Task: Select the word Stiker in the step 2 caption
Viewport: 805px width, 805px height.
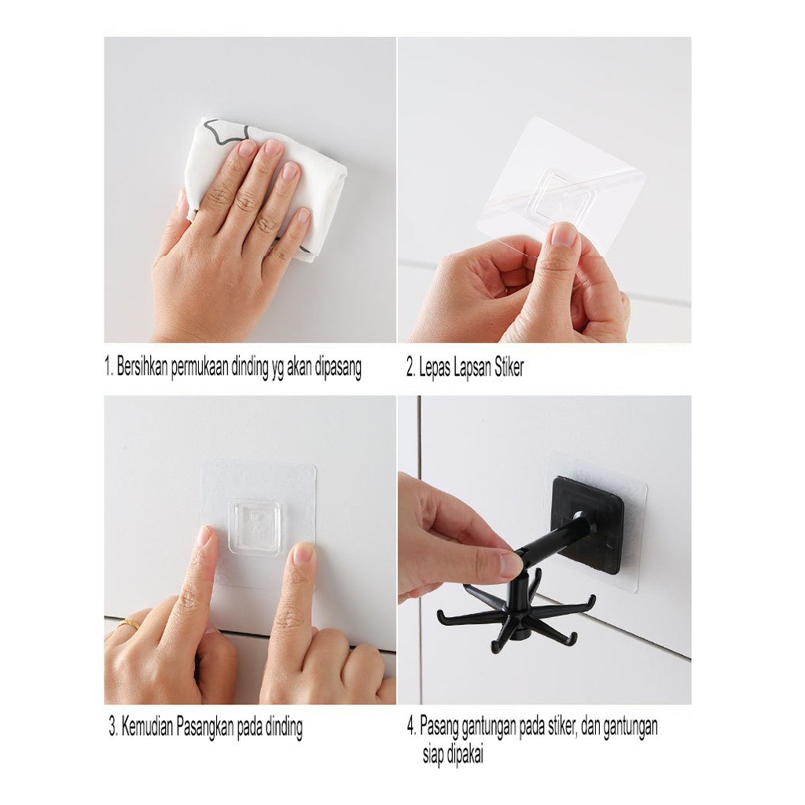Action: click(509, 367)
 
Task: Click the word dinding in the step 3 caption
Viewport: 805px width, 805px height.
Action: click(283, 728)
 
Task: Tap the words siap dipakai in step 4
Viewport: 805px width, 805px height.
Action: click(453, 755)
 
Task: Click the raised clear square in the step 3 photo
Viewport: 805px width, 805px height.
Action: click(255, 525)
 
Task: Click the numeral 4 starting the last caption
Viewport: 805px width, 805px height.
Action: click(410, 726)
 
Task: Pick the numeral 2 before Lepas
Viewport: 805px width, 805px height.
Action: click(410, 368)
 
